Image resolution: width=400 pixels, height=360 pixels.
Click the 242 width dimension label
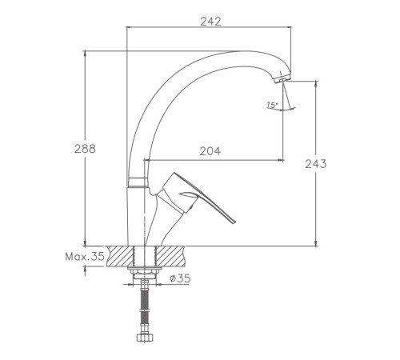coord(210,22)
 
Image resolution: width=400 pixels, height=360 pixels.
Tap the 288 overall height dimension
coord(85,149)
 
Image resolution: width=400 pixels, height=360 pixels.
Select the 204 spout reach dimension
coord(210,151)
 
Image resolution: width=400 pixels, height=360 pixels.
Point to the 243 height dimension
coord(316,164)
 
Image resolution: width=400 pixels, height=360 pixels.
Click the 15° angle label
coord(272,105)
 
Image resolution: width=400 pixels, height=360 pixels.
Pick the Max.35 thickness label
coord(85,257)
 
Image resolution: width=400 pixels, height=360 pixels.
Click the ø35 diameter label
coord(180,278)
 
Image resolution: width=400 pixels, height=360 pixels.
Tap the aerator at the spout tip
coord(282,78)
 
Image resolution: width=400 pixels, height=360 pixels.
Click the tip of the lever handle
coord(234,222)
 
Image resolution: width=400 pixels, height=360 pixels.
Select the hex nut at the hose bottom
coord(145,338)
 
